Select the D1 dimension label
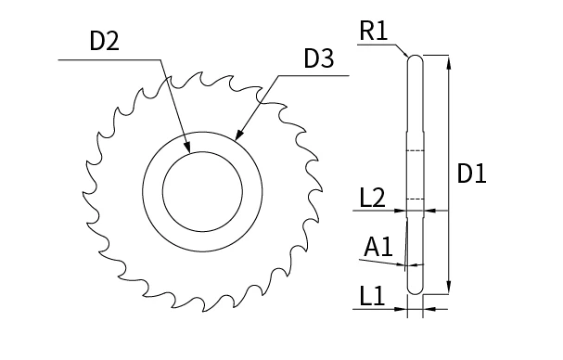(x=473, y=174)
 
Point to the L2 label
(x=372, y=198)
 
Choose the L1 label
(x=372, y=297)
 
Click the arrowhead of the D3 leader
(x=238, y=136)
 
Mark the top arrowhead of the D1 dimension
(x=449, y=59)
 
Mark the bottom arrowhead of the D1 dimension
(x=449, y=289)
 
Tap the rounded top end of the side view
(x=416, y=58)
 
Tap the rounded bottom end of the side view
(x=416, y=289)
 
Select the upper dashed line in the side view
(x=416, y=150)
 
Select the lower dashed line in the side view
(x=416, y=199)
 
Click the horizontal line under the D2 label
(x=111, y=61)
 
